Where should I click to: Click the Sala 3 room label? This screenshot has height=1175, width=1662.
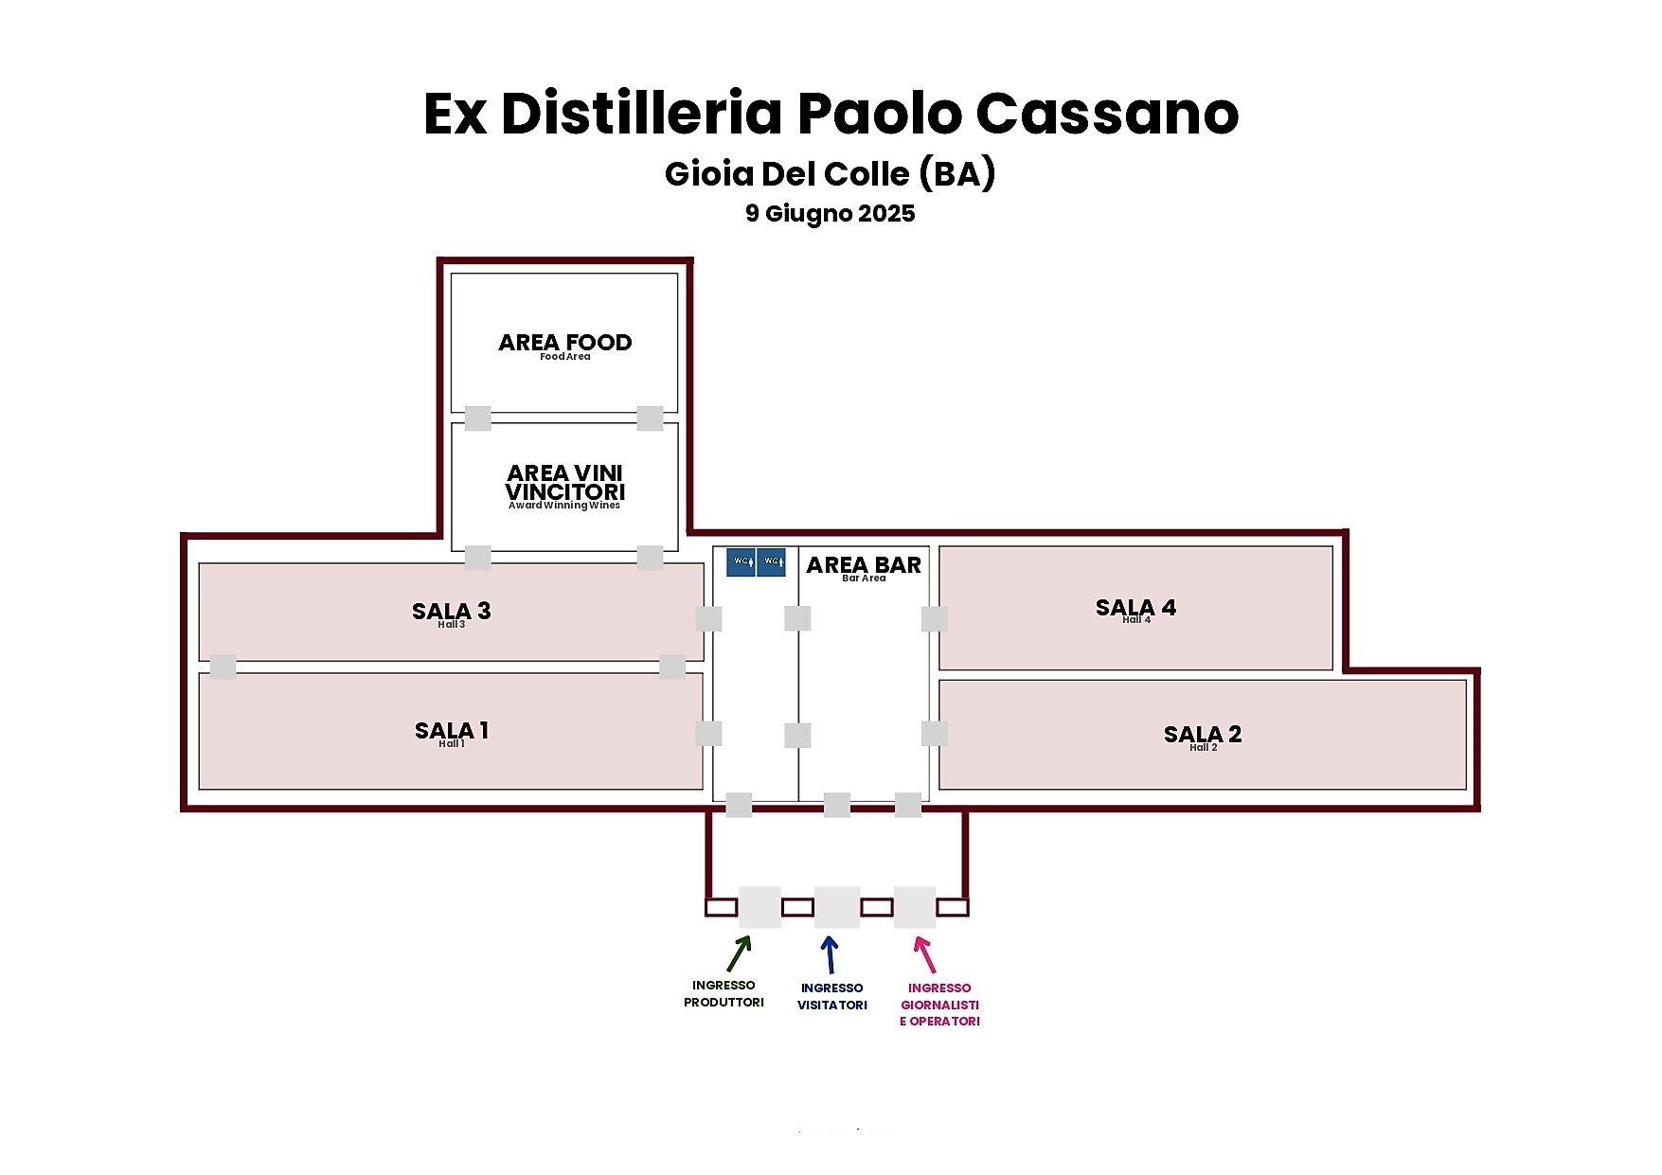pos(452,612)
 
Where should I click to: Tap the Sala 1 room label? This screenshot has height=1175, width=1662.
pos(452,731)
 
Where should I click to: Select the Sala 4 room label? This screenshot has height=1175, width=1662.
pos(1135,608)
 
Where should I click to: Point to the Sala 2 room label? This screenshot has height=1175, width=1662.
pos(1203,735)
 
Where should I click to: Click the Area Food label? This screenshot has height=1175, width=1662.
pos(564,343)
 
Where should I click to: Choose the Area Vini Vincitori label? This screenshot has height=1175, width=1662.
pos(564,483)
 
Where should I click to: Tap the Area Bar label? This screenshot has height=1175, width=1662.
pos(864,565)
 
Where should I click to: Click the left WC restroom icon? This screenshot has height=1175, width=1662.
pos(741,562)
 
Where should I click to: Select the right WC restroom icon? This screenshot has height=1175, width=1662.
pos(771,562)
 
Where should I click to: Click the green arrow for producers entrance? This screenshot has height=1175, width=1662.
pos(739,953)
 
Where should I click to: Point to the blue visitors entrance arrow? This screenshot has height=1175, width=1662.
pos(831,954)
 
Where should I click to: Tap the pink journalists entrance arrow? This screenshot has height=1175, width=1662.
pos(924,954)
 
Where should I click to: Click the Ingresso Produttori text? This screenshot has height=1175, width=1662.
pos(724,994)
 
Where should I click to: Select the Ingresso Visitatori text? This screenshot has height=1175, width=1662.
pos(831,996)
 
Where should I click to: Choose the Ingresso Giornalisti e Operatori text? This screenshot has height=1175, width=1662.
pos(939,1005)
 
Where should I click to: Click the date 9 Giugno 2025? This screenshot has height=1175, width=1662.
pos(830,213)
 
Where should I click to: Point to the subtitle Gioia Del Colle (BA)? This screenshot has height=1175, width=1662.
pos(830,173)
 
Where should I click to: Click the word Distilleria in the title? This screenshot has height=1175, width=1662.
pos(641,114)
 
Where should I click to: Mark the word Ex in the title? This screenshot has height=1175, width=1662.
pos(455,114)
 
